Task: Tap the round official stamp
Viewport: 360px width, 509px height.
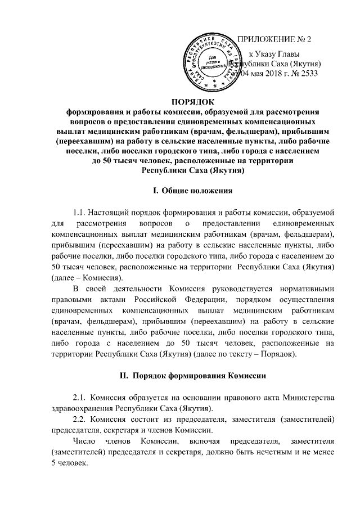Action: point(213,58)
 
